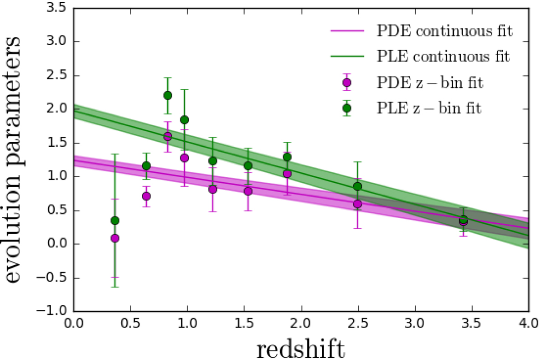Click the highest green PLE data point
168,95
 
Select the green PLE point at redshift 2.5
357,186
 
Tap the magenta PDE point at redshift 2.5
357,204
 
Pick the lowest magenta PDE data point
115,238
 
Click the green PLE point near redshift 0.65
146,166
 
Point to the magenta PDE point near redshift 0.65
146,196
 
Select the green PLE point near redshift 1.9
287,157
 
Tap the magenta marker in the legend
347,82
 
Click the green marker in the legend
347,108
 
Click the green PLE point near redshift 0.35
115,221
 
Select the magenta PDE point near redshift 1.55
248,191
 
